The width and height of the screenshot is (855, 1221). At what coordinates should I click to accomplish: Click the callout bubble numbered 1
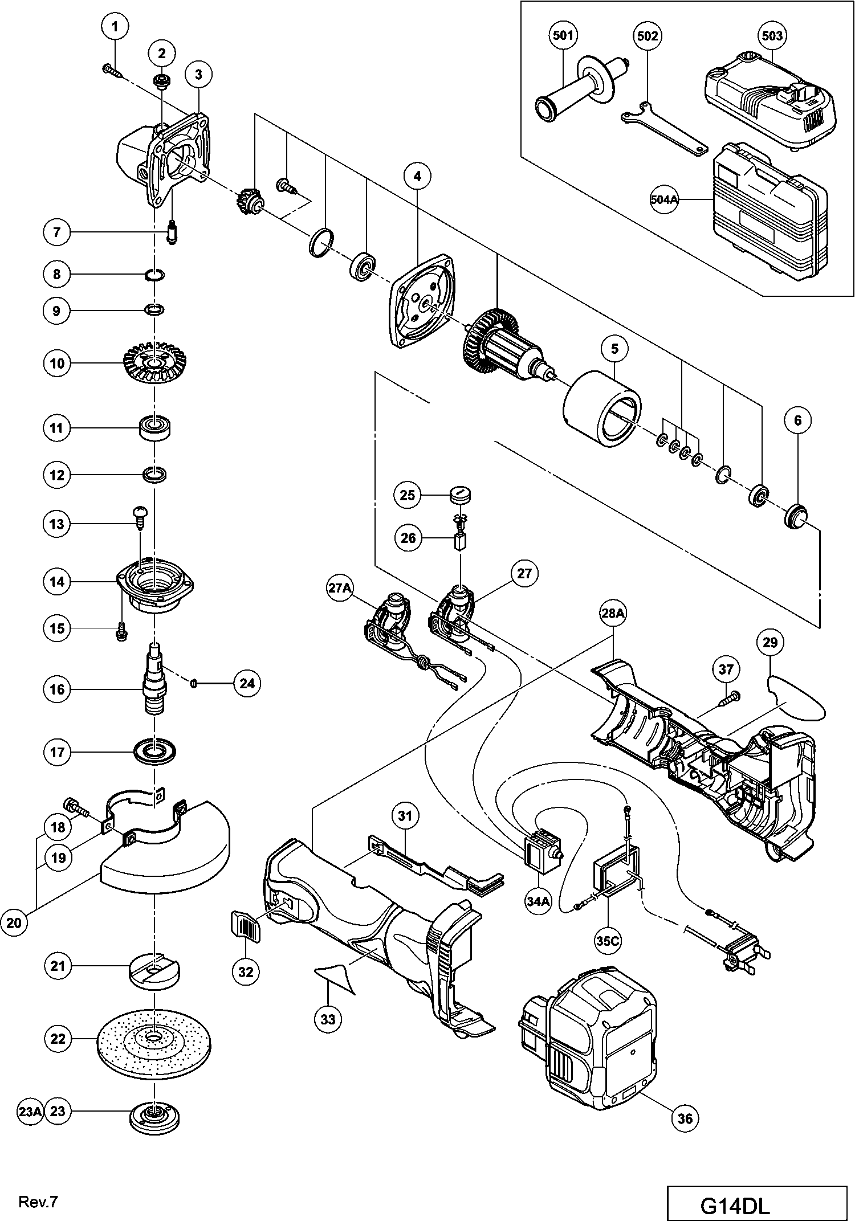coord(116,26)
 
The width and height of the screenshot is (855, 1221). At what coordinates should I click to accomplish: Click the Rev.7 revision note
coord(38,1201)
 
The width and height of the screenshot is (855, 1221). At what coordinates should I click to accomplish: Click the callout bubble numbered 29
coord(770,643)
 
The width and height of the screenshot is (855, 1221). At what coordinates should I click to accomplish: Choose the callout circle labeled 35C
coord(608,941)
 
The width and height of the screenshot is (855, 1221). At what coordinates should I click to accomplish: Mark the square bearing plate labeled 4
coord(422,299)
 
